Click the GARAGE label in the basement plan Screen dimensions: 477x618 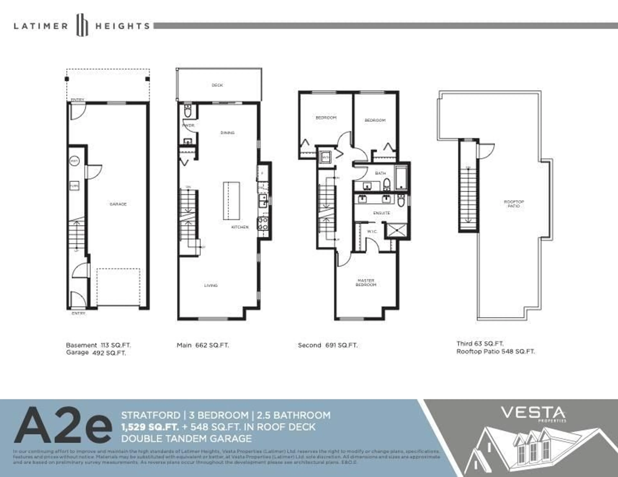(x=118, y=204)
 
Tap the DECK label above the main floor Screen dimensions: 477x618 (x=217, y=85)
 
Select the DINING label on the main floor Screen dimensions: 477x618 (x=228, y=133)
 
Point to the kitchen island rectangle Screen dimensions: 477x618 (x=231, y=201)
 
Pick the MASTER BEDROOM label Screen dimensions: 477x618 (x=366, y=282)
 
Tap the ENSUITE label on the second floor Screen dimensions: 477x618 (x=382, y=213)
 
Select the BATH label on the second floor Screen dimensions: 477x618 (x=380, y=173)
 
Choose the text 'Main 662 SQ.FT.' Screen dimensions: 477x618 (x=203, y=345)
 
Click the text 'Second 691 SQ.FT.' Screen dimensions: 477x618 (x=328, y=345)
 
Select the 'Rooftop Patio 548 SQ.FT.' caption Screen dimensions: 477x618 (x=496, y=352)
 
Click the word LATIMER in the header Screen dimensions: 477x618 (x=41, y=26)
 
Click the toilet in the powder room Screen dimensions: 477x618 (x=188, y=111)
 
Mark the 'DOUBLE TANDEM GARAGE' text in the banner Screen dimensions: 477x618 (x=187, y=439)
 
